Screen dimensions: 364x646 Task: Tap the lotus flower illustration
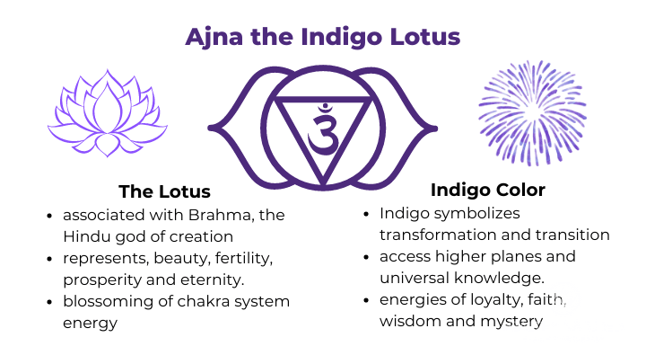pos(107,112)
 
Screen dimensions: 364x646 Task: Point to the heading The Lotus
pos(164,191)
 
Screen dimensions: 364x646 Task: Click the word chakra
pos(204,300)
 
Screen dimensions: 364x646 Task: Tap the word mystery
pos(514,321)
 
